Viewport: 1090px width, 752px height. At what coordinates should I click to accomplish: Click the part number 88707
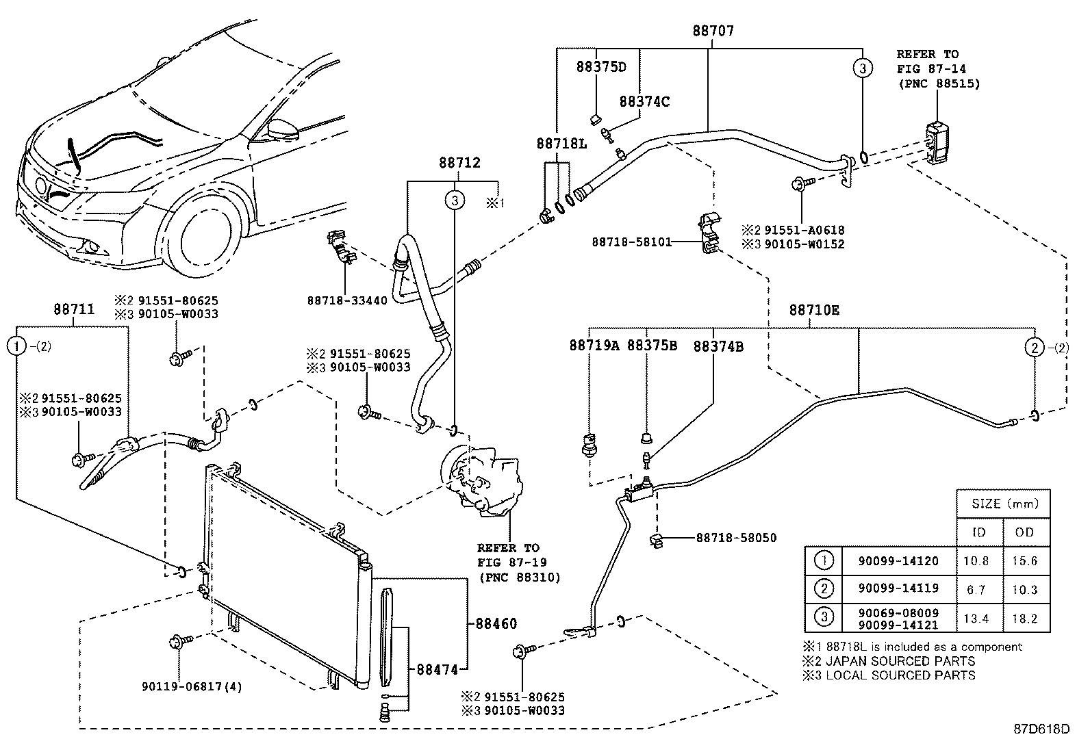713,31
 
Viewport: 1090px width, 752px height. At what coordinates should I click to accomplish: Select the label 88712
459,164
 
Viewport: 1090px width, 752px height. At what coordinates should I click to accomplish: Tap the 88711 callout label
74,309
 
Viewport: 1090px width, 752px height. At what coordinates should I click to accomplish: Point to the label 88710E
814,310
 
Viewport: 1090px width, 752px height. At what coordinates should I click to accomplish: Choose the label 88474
437,670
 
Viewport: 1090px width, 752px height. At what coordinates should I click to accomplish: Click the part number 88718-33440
347,300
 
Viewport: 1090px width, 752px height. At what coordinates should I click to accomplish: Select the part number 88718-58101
631,242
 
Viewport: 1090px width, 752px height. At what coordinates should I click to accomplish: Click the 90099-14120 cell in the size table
898,561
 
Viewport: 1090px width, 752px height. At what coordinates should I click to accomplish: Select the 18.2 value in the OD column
1025,619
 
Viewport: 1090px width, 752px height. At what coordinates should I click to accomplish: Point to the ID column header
979,532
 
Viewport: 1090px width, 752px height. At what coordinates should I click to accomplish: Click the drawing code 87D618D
1041,729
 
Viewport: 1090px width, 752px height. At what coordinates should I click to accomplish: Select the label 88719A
594,346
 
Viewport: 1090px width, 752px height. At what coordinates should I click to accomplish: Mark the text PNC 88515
939,83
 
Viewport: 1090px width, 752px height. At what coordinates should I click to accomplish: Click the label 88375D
601,66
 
